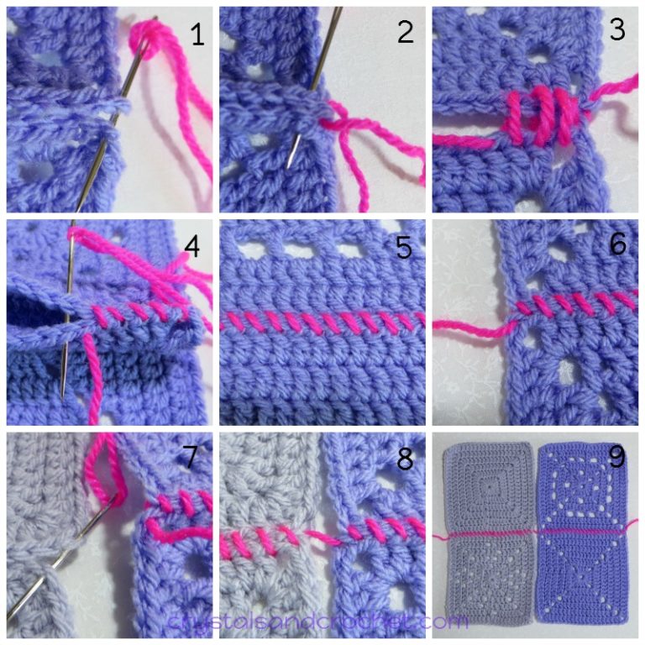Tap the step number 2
406,33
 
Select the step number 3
618,31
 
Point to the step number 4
192,247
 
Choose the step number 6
618,245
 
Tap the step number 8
406,459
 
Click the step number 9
618,459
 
